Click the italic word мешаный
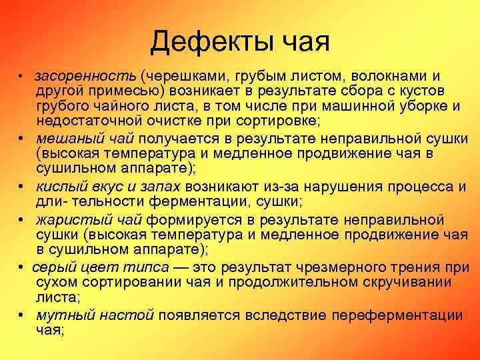tap(65, 138)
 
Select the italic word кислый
tap(61, 186)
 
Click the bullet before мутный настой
tap(23, 315)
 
